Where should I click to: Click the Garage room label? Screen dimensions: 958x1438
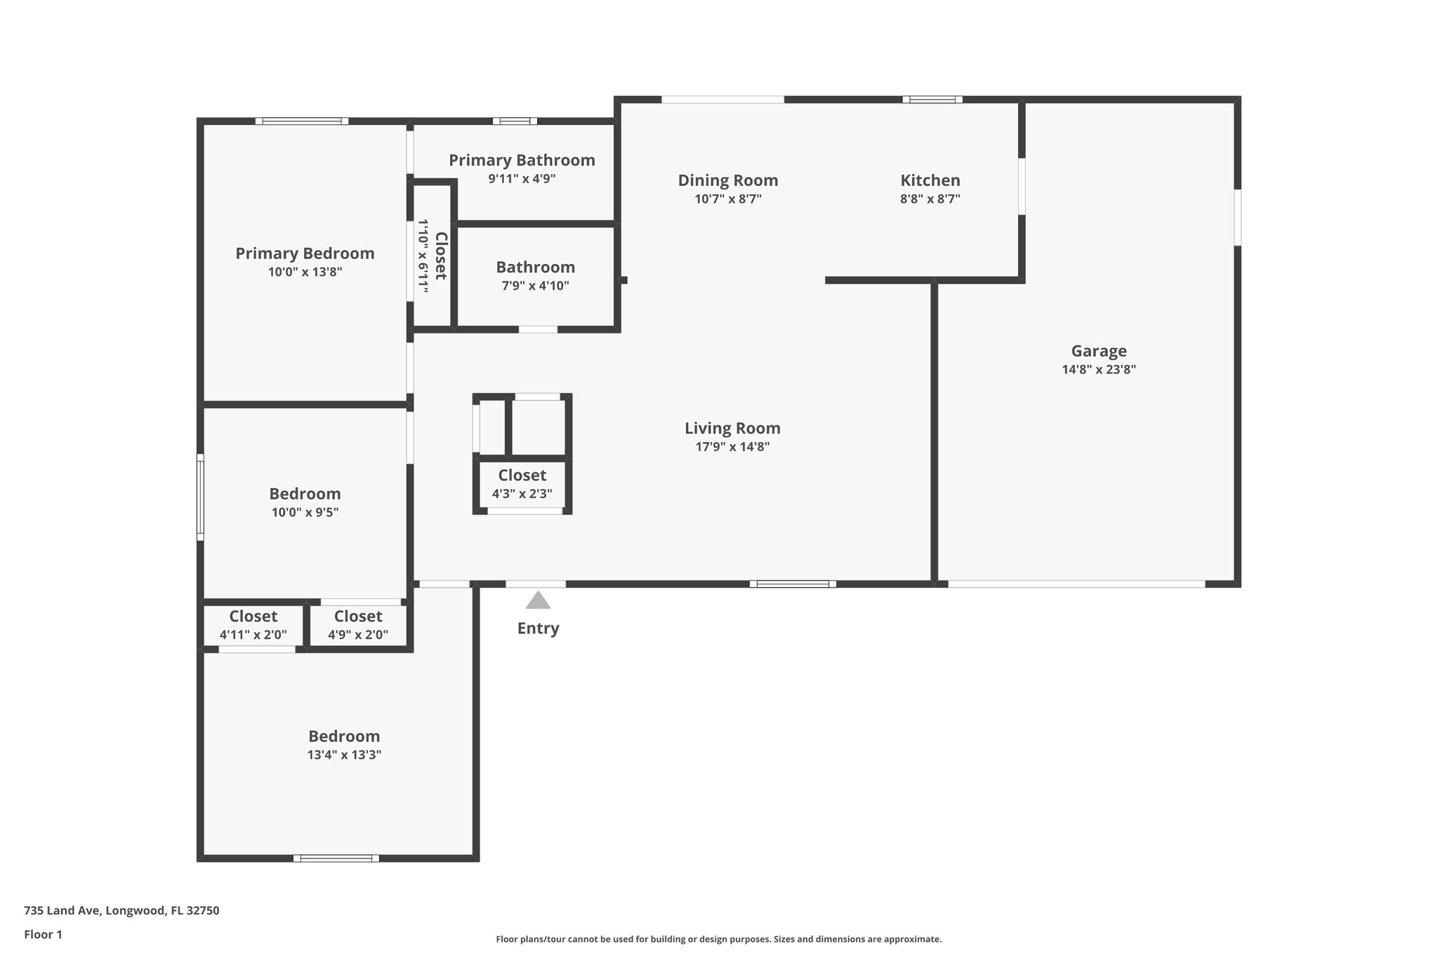[x=1098, y=351]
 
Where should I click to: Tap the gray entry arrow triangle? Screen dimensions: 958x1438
[x=538, y=601]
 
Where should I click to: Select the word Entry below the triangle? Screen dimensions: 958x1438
[x=538, y=628]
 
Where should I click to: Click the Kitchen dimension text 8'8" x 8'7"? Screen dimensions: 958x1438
[x=930, y=199]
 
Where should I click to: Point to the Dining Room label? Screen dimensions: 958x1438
[x=727, y=180]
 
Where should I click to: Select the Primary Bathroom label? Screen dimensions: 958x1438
[x=522, y=160]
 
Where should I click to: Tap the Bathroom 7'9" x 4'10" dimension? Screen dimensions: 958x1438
[x=535, y=286]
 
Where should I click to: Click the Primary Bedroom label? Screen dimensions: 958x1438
[x=305, y=253]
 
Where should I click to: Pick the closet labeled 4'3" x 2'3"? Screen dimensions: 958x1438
[x=522, y=484]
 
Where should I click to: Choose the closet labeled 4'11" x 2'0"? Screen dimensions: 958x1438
[x=253, y=625]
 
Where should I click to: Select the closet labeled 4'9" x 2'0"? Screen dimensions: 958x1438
[x=357, y=625]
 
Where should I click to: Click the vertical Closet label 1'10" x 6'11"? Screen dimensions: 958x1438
[x=432, y=255]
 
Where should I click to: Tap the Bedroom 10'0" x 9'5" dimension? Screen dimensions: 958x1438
[x=305, y=512]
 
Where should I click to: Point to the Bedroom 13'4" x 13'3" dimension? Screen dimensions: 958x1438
[x=344, y=755]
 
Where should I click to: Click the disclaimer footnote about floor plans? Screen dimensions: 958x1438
[x=718, y=939]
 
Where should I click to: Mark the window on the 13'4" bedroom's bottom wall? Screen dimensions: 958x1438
[x=336, y=858]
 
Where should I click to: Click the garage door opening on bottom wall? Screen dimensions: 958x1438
[x=1076, y=583]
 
